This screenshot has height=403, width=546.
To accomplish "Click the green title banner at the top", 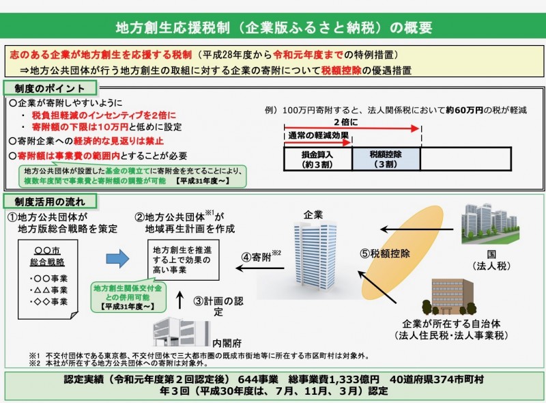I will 273,28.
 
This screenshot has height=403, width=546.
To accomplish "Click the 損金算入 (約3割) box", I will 317,159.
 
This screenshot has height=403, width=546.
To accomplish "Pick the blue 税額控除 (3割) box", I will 386,159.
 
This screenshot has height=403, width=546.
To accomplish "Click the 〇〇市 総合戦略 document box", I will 48,273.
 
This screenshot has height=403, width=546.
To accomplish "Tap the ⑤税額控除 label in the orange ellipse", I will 385,253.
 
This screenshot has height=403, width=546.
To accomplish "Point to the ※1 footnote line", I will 205,356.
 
